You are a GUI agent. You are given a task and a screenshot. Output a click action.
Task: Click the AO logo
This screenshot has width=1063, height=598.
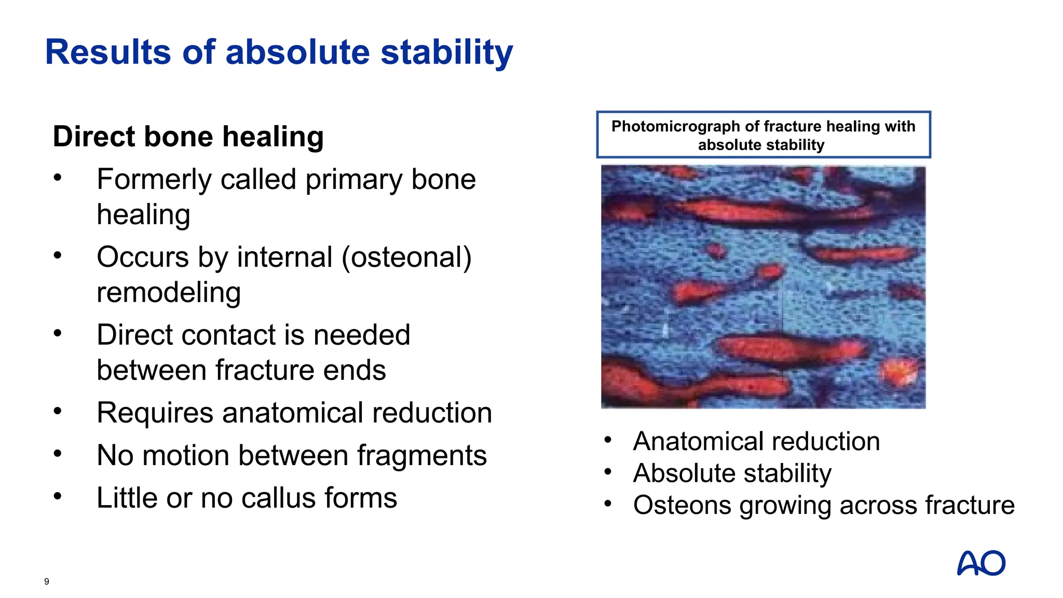pos(980,563)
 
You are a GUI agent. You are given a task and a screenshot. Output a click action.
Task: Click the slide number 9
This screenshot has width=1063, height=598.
pos(47,581)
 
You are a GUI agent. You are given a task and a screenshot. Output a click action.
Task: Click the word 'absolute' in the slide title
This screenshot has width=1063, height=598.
pos(297,52)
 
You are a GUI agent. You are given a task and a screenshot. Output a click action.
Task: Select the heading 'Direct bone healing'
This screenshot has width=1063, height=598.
pos(188,137)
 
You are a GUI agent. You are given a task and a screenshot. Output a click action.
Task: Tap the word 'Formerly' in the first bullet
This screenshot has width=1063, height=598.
pos(154,180)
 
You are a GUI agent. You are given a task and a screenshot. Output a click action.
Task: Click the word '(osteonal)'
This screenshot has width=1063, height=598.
pos(406,257)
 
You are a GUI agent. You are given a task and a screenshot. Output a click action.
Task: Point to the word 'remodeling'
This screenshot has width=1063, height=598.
pos(169,292)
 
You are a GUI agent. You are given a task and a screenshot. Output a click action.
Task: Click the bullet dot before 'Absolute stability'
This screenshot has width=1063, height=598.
pos(608,472)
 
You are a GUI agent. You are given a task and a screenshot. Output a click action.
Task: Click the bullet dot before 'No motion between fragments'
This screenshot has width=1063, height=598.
pos(58,454)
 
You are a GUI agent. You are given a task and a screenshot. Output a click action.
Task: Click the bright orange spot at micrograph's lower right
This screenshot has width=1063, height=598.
pos(901,371)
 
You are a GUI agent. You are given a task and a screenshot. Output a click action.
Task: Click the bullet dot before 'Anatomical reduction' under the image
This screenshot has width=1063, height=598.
pos(608,440)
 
